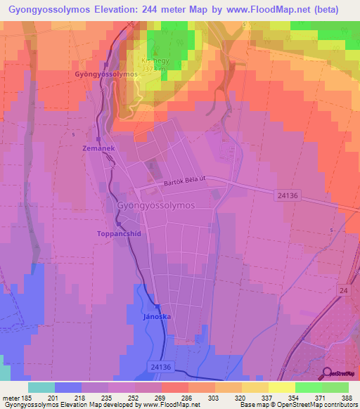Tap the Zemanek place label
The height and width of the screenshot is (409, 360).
coord(97,150)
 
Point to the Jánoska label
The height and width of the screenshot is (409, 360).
coord(157,316)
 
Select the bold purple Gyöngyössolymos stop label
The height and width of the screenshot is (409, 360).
coord(105,74)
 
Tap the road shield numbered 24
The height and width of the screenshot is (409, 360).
coord(342,290)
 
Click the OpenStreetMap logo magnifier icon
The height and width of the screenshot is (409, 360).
coord(327,373)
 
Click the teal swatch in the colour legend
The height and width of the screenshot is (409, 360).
coord(41,387)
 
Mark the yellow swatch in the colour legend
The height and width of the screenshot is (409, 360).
coord(281,387)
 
